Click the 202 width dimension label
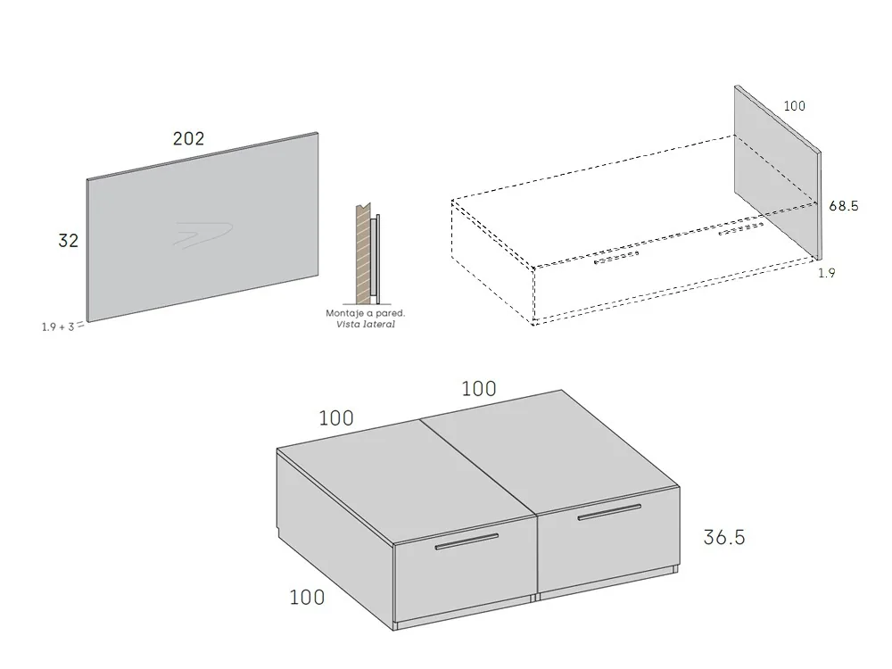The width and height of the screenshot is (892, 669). [x=188, y=138]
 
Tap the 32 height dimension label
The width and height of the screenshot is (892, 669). [x=68, y=241]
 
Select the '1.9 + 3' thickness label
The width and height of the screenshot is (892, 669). [x=59, y=326]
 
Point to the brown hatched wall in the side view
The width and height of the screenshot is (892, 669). [x=362, y=253]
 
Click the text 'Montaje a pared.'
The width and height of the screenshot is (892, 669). [x=366, y=314]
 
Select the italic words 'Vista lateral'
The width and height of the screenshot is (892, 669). [x=366, y=325]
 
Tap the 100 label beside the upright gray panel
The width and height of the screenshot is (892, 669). [x=794, y=106]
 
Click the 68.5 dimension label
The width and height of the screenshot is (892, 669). [x=843, y=206]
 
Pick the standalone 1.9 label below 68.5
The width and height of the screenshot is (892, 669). [x=827, y=274]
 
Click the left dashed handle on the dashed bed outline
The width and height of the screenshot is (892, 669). [x=617, y=259]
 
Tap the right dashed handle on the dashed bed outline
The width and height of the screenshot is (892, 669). [x=740, y=230]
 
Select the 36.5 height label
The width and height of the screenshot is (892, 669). [x=723, y=537]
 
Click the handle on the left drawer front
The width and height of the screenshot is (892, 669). [x=467, y=541]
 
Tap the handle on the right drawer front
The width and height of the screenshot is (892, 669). [x=608, y=511]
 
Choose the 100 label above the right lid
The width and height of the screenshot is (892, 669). [x=478, y=389]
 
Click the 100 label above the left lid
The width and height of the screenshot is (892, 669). [x=335, y=417]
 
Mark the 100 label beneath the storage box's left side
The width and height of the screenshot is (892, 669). [x=307, y=597]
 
